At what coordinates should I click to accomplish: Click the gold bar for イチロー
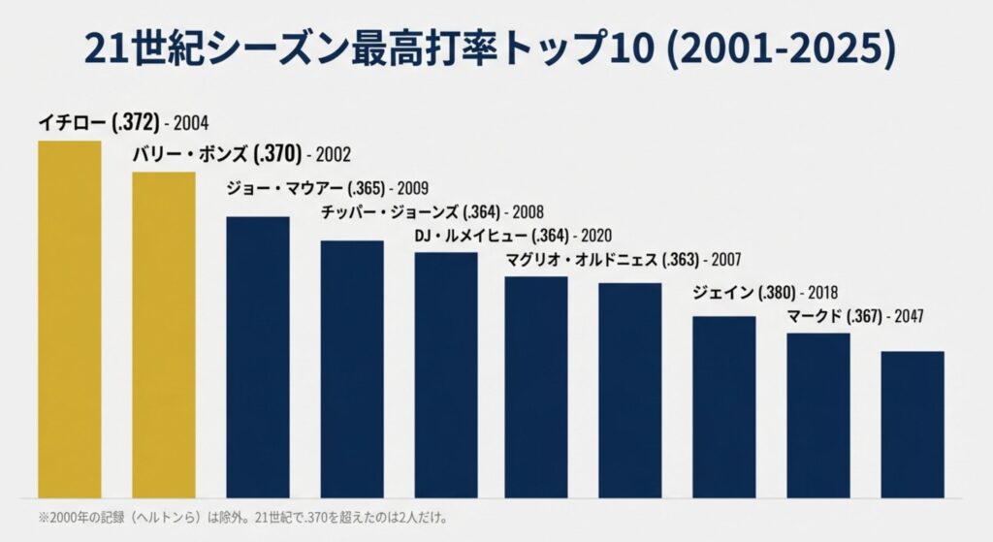(x=69, y=320)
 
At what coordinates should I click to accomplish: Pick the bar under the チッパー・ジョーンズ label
(x=351, y=368)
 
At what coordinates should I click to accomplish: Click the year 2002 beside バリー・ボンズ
(x=333, y=154)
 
